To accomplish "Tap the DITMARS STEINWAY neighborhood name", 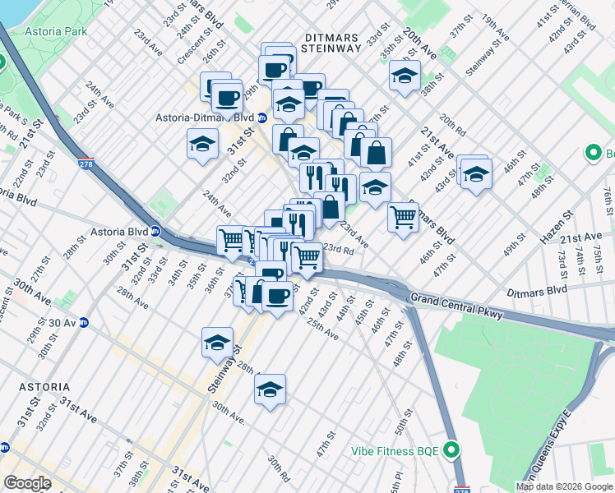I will coord(332,43).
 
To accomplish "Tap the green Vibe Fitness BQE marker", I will coord(450,449).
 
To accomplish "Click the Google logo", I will coord(27,483).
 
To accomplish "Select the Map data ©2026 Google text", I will coord(563,486).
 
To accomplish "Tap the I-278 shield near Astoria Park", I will coord(86,164).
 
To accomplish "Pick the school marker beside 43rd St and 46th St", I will coord(475,173).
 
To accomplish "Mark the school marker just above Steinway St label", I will coord(218,343).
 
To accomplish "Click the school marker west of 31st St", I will coord(202,145).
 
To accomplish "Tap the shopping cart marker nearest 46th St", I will coord(403,218).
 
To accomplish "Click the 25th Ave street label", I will coord(322,330).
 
